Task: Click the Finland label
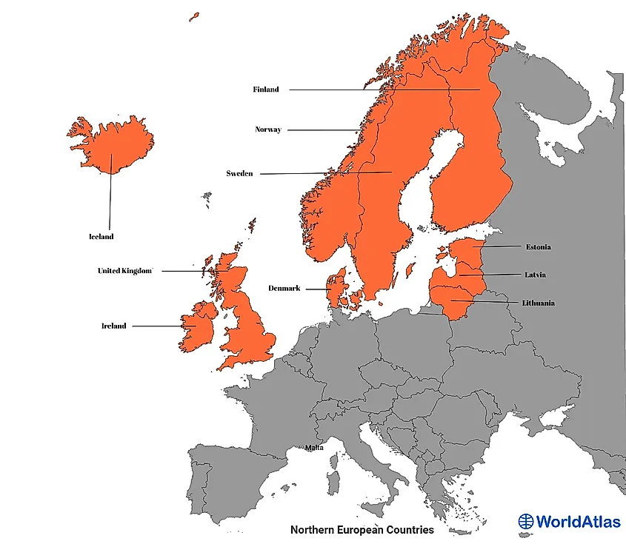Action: coord(266,90)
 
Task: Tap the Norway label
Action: coord(268,130)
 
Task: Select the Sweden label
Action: coord(239,174)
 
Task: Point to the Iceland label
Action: coord(101,237)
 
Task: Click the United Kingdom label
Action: coord(124,271)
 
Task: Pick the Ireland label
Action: coord(114,326)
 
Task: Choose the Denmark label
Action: coord(284,289)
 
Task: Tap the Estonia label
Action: coord(539,246)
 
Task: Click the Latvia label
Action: coord(536,275)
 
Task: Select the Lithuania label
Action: coord(538,303)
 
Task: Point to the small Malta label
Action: coord(314,448)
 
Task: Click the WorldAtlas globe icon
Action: coord(526,522)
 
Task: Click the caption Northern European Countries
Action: coord(362,530)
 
